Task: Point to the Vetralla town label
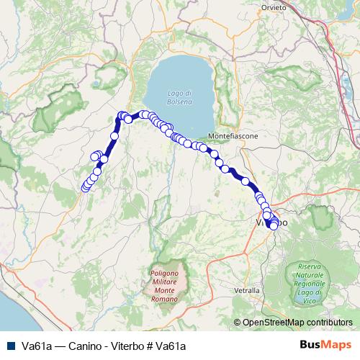coord(248,290)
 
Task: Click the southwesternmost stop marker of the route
coord(85,188)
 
